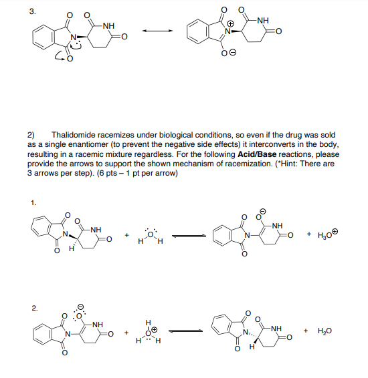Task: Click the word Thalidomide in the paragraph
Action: (x=76, y=134)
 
